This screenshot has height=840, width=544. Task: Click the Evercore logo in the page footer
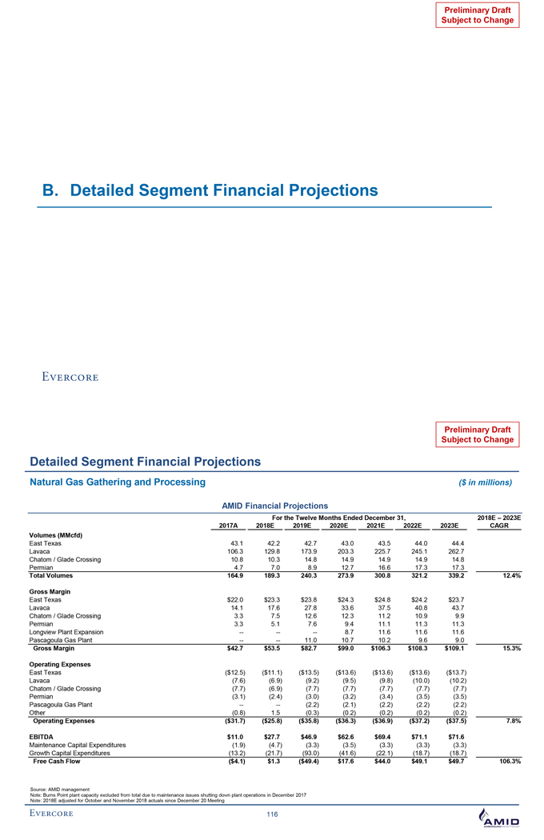(x=54, y=814)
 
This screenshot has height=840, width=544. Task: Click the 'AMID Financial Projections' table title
(x=269, y=506)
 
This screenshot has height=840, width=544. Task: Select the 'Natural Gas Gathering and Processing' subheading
(x=117, y=482)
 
